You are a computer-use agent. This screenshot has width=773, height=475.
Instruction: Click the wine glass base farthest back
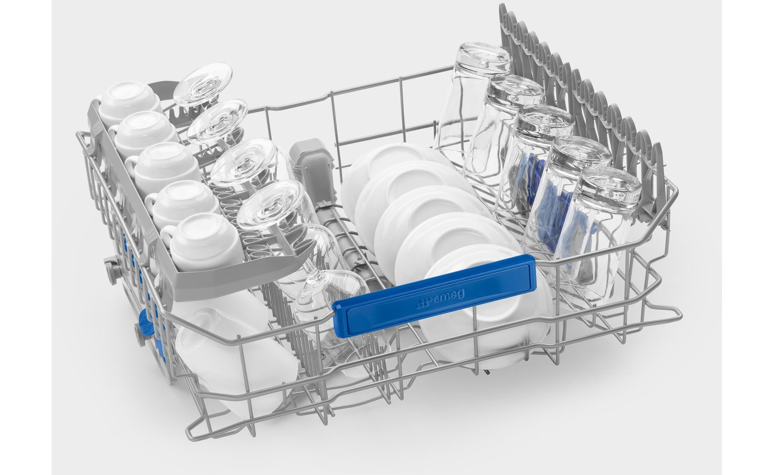[x=203, y=84]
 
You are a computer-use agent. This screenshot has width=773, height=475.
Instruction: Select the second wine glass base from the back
[x=217, y=122]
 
